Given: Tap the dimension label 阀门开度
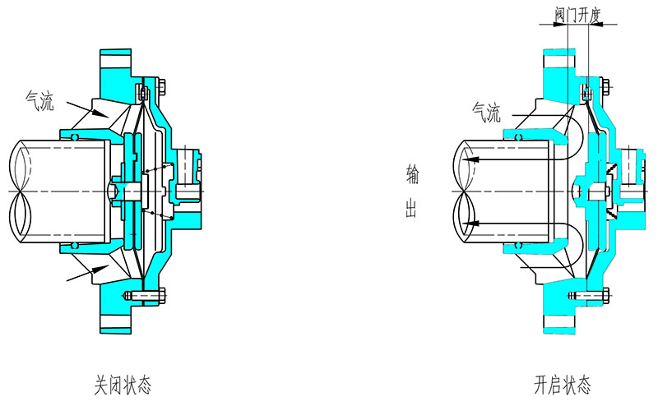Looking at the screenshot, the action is coord(578,16).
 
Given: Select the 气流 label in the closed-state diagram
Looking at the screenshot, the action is coord(39,101).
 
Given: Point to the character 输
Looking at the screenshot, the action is coord(412,174).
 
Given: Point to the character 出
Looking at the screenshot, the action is coord(411,208).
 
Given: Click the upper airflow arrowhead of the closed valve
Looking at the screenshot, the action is coord(100,113).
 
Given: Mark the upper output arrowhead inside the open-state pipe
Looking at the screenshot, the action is coord(471,159).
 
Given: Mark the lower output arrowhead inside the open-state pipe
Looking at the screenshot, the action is coord(471,223).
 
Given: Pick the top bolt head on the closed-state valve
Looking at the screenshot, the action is coord(162,87).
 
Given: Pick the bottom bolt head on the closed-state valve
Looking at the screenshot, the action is coord(162,296).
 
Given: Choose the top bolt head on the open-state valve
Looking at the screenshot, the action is coord(605,87).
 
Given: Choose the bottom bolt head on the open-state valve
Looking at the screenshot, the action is coord(605,296).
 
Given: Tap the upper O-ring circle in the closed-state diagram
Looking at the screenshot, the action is coord(75,137).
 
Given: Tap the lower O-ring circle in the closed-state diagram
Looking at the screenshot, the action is coord(75,245).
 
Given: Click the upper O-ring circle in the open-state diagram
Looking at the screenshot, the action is coord(519,137).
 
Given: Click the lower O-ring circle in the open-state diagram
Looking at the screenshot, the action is coord(519,245).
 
